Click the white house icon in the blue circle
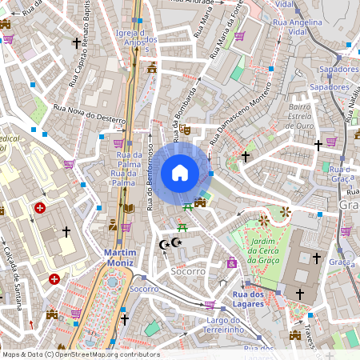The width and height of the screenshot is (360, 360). (x=180, y=172)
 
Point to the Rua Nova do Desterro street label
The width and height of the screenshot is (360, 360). (x=90, y=113)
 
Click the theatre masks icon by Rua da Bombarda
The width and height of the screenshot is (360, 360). (x=185, y=129)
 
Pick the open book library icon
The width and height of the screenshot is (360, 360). (x=128, y=209)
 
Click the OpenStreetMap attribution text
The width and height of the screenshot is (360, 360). (x=80, y=354)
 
